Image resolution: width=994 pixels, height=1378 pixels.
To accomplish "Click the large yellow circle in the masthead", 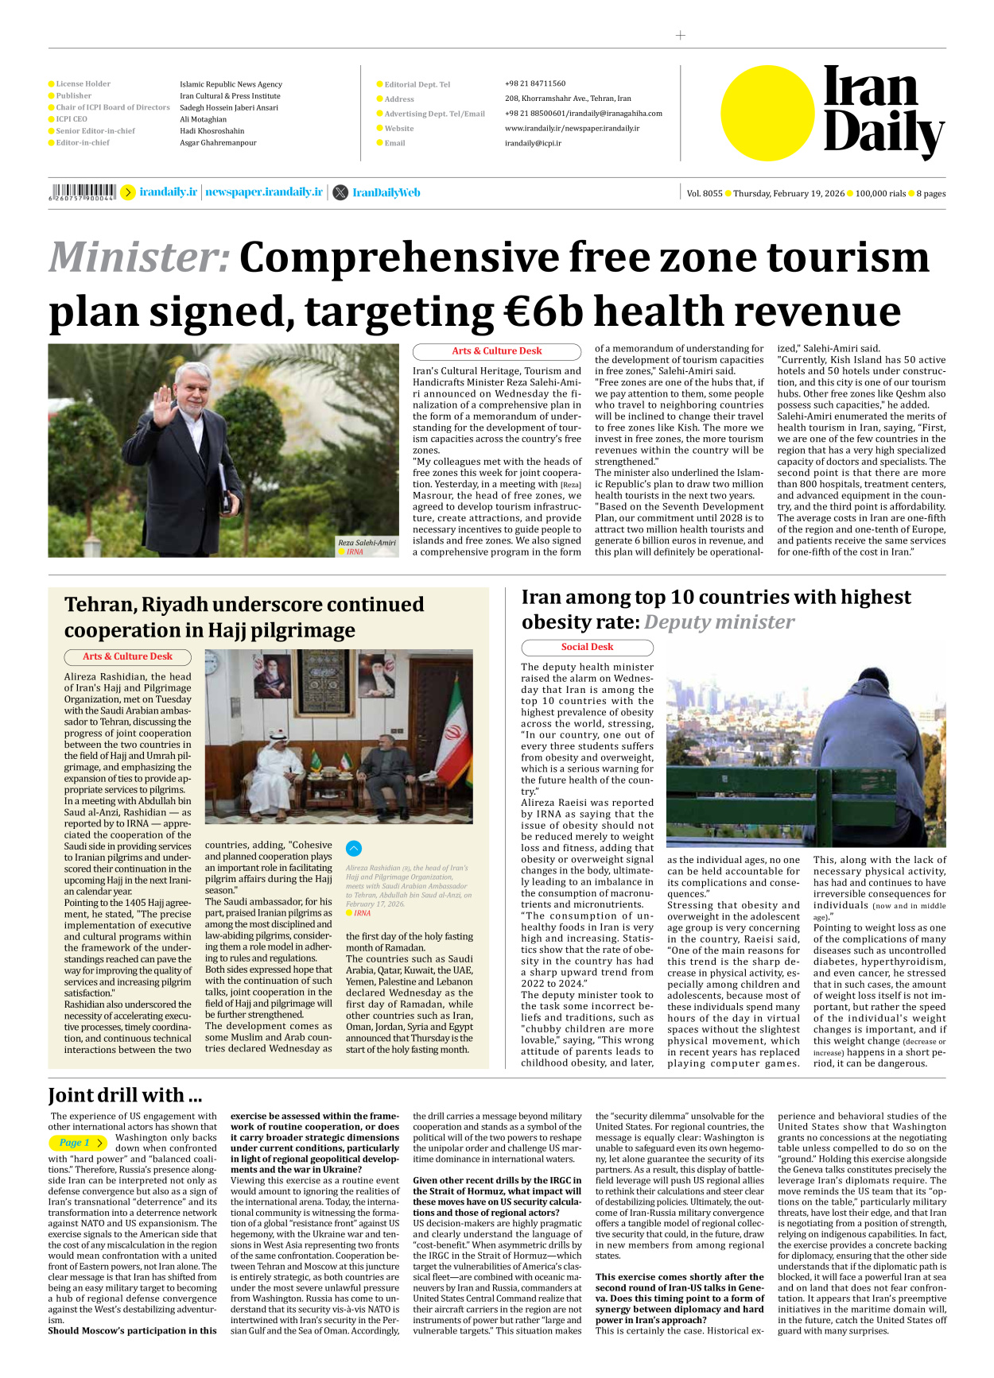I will pyautogui.click(x=767, y=113).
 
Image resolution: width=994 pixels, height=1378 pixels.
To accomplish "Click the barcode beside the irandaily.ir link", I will pyautogui.click(x=83, y=192).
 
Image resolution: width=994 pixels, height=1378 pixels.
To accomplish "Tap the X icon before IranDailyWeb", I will pyautogui.click(x=340, y=192).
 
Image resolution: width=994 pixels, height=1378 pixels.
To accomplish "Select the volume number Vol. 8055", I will pyautogui.click(x=705, y=193).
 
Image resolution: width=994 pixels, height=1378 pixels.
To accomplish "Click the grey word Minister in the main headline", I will pyautogui.click(x=139, y=257).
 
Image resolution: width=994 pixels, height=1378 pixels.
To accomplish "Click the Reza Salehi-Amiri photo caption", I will pyautogui.click(x=367, y=543).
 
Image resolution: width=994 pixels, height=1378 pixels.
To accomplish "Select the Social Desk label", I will pyautogui.click(x=587, y=647).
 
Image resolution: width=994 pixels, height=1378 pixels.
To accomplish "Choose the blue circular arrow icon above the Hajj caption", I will pyautogui.click(x=354, y=848).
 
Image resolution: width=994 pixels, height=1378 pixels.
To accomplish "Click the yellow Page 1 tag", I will pyautogui.click(x=77, y=1143).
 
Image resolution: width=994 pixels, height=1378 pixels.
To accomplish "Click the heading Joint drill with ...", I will pyautogui.click(x=125, y=1095).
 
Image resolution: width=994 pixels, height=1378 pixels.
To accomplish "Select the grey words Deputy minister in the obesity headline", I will pyautogui.click(x=719, y=622).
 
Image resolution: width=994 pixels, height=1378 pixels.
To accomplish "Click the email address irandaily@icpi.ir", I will pyautogui.click(x=533, y=143).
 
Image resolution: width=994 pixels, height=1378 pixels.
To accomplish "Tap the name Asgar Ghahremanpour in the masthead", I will pyautogui.click(x=218, y=143).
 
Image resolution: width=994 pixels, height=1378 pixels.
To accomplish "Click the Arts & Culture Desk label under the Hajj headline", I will pyautogui.click(x=127, y=656).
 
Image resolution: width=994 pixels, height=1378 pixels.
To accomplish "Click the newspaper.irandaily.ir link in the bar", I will pyautogui.click(x=264, y=192).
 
